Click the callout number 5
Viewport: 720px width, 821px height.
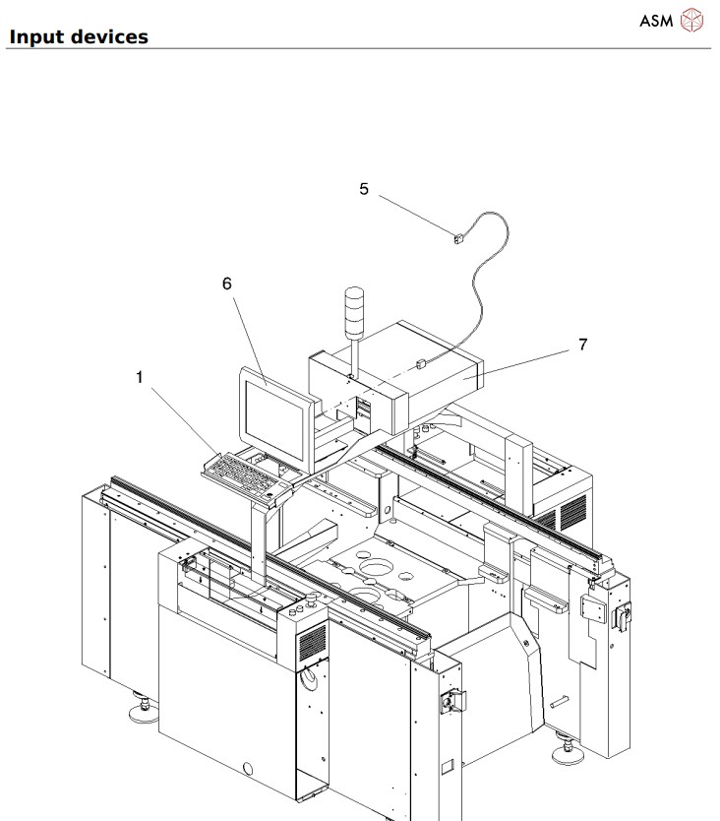click(364, 189)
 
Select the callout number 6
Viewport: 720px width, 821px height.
click(227, 284)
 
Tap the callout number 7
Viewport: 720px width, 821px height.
click(582, 345)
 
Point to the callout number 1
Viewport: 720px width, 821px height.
click(140, 376)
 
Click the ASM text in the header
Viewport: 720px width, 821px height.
click(656, 21)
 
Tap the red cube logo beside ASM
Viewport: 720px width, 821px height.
click(693, 21)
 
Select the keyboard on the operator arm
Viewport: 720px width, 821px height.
click(246, 471)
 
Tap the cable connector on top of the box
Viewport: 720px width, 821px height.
click(421, 363)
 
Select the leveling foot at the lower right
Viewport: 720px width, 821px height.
click(569, 752)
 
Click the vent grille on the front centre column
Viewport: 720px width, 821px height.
click(312, 643)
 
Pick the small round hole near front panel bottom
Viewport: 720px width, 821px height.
click(248, 768)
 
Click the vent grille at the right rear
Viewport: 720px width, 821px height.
click(572, 511)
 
